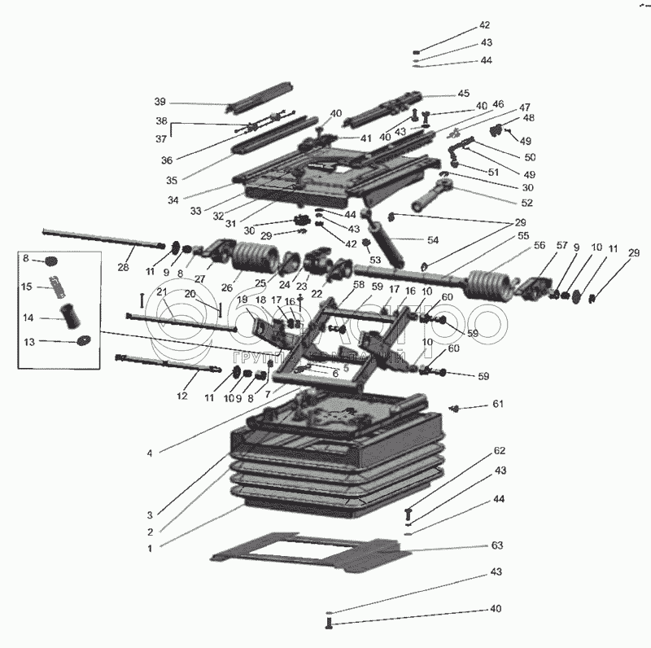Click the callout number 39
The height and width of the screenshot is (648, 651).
point(160,102)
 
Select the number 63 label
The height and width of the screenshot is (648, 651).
point(497,545)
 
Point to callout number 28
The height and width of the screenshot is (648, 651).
point(124,267)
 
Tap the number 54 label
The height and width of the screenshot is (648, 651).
point(432,241)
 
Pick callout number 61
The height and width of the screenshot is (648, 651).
point(497,405)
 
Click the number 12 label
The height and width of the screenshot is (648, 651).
point(181,396)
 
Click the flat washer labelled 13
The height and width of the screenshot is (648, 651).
point(83,341)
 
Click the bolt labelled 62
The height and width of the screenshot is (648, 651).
point(409,514)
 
